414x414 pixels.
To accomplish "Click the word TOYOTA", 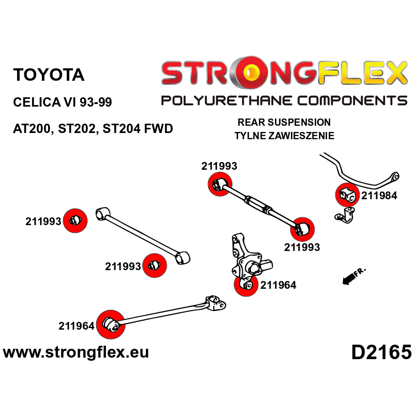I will pyautogui.click(x=49, y=75).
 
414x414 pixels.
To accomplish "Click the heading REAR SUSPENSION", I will pyautogui.click(x=284, y=123).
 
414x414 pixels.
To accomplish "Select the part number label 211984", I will pyautogui.click(x=379, y=196).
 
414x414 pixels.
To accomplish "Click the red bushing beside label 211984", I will pyautogui.click(x=347, y=195).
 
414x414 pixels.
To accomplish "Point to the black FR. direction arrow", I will pyautogui.click(x=351, y=277).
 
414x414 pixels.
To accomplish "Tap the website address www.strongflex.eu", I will pyautogui.click(x=76, y=352).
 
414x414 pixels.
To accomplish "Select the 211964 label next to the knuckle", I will pyautogui.click(x=278, y=285).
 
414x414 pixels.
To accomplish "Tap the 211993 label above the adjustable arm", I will pyautogui.click(x=219, y=166).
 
